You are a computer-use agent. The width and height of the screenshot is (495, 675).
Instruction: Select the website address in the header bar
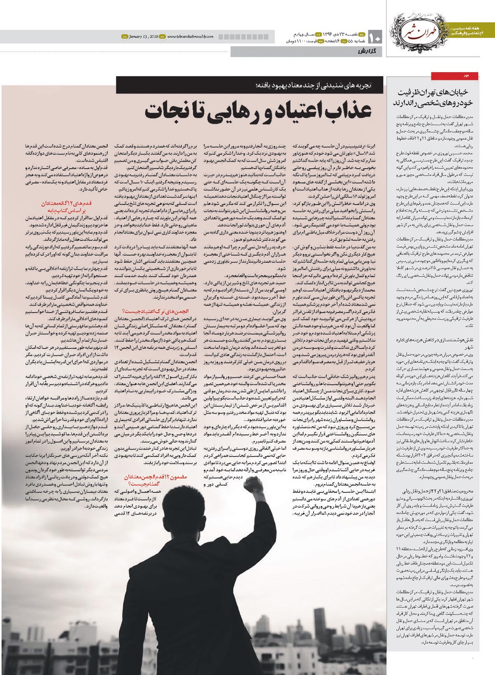[x=190, y=37]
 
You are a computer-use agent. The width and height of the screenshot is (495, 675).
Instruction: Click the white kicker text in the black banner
[x=313, y=85]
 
